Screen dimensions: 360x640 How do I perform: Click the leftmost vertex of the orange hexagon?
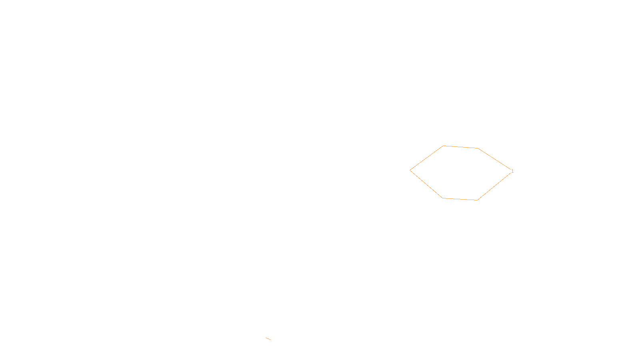click(x=410, y=170)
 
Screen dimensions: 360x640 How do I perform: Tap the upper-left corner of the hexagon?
click(x=443, y=146)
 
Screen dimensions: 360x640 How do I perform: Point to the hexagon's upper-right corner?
click(x=478, y=148)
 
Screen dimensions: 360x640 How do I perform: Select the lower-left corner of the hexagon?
click(x=442, y=198)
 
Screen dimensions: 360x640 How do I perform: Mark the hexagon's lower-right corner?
click(x=477, y=200)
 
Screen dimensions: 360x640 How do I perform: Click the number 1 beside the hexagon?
click(x=512, y=171)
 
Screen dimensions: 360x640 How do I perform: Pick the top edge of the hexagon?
click(x=460, y=147)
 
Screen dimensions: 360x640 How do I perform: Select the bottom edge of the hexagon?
click(x=460, y=199)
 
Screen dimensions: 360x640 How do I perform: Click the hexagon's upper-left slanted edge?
click(x=427, y=158)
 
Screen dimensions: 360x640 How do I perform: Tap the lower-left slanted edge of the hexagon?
click(x=426, y=184)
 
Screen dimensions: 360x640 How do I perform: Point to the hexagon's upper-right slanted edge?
click(x=494, y=159)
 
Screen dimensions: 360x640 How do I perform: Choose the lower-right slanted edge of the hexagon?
click(x=494, y=186)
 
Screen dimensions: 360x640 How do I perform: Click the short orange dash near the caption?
click(x=268, y=339)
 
